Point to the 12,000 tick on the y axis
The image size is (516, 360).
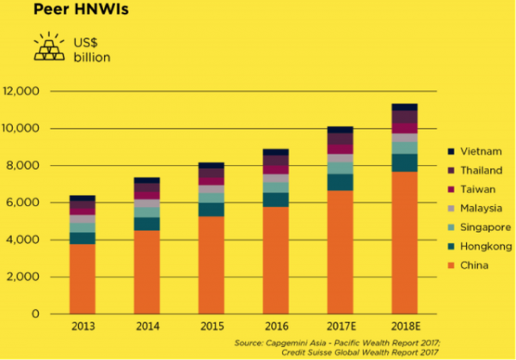pos(22,91)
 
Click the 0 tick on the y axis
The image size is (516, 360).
pos(37,314)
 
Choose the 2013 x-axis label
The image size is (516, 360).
pos(83,327)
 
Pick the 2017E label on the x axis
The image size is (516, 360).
pos(339,327)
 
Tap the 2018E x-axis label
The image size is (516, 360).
pos(403,327)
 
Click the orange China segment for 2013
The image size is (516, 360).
pos(83,279)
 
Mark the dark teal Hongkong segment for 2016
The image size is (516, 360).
pos(276,199)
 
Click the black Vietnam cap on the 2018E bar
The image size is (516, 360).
pos(404,107)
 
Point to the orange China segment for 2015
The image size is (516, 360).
pos(212,265)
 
